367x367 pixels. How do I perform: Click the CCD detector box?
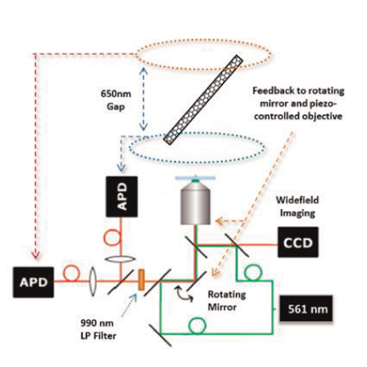click(x=298, y=242)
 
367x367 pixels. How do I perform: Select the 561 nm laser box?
click(x=306, y=308)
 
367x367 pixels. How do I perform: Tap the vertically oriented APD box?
click(x=122, y=197)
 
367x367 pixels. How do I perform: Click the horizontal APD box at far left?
click(x=33, y=283)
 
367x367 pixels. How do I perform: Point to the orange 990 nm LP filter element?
click(x=141, y=280)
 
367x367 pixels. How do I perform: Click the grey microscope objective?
click(x=195, y=202)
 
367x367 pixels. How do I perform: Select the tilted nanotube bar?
click(x=203, y=99)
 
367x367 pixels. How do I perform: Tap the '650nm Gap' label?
click(x=116, y=101)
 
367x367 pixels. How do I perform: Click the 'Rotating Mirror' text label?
click(x=227, y=300)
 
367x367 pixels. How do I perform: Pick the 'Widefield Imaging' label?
click(x=297, y=206)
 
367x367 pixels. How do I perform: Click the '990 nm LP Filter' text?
click(x=98, y=330)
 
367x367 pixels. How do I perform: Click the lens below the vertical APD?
click(x=120, y=259)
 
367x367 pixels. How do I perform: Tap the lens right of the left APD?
click(x=92, y=281)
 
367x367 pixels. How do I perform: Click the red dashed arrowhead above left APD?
click(x=36, y=255)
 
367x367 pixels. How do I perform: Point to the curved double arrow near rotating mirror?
click(x=183, y=294)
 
